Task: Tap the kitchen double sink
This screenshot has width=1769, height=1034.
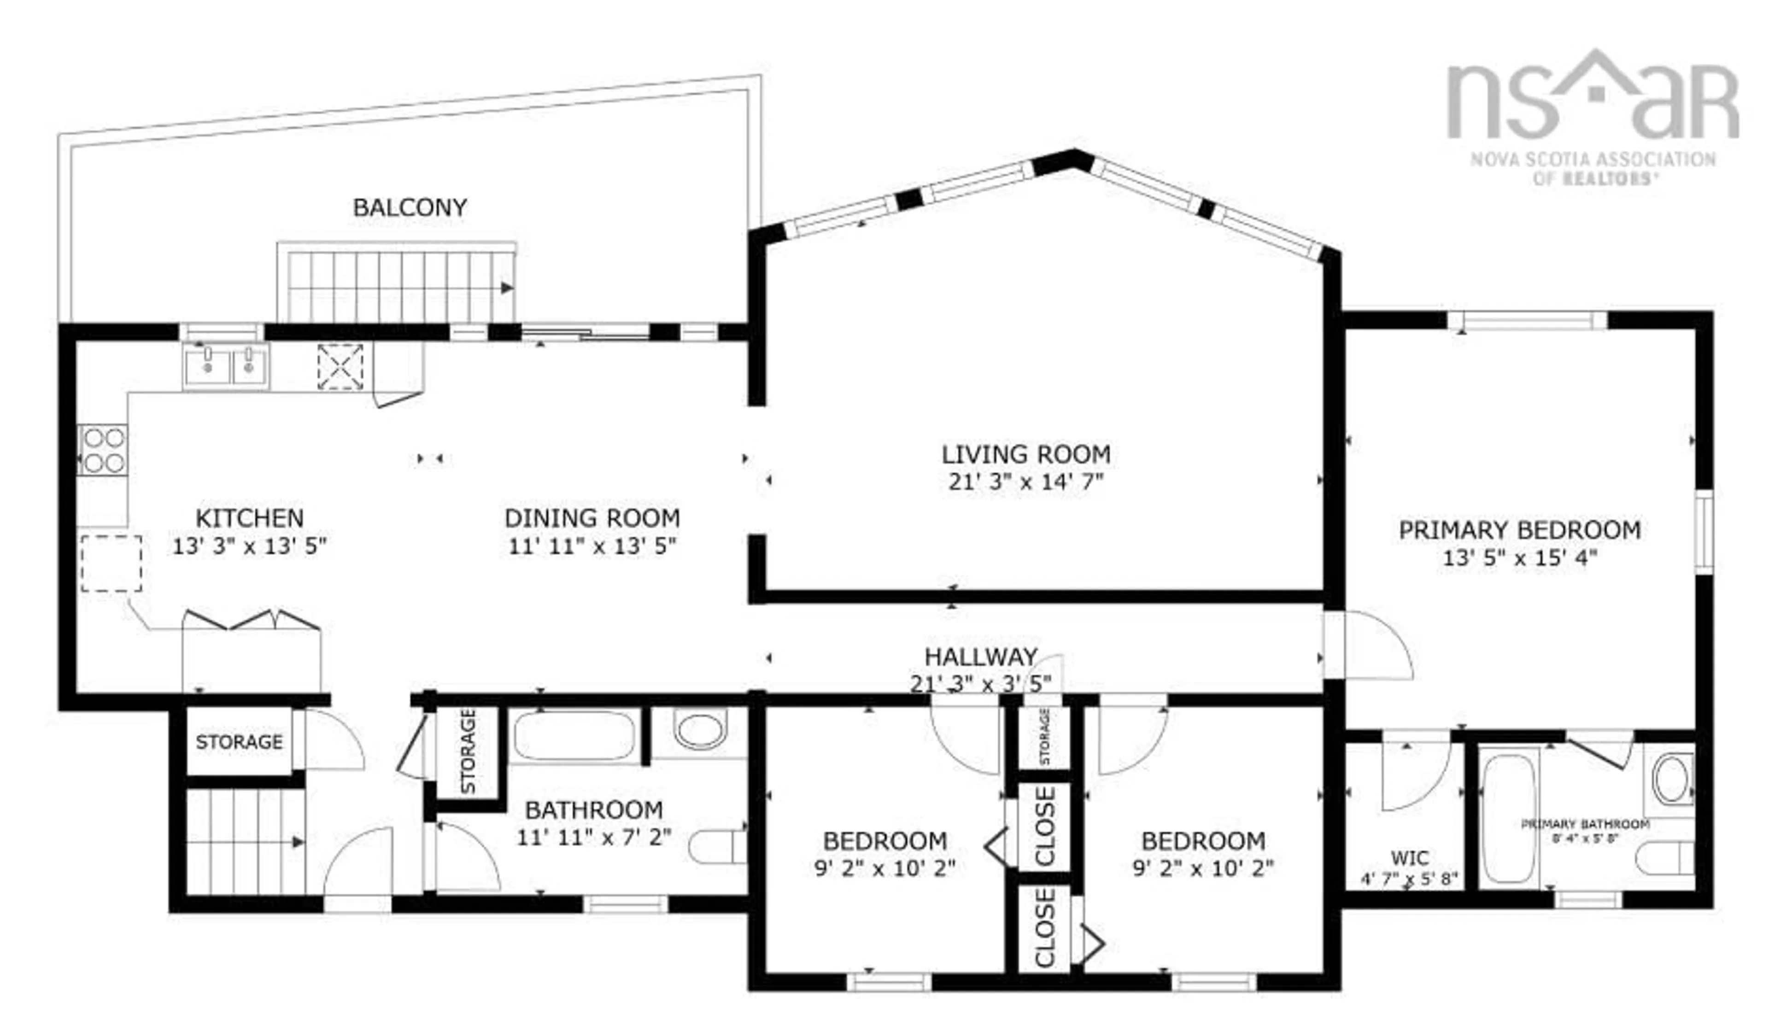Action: pyautogui.click(x=226, y=366)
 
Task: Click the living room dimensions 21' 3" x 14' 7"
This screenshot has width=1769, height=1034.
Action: pyautogui.click(x=1025, y=483)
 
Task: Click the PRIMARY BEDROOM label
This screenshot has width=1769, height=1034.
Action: pyautogui.click(x=1520, y=530)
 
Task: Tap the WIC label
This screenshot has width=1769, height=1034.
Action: pyautogui.click(x=1410, y=858)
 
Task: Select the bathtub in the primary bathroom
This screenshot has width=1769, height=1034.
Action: pyautogui.click(x=1508, y=818)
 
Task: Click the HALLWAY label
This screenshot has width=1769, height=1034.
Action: pyautogui.click(x=981, y=657)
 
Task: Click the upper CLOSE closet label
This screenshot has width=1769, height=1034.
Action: pyautogui.click(x=1044, y=826)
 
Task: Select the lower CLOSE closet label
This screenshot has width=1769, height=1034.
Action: pyautogui.click(x=1044, y=928)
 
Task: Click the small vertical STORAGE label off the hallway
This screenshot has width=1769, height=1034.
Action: pyautogui.click(x=1044, y=737)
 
